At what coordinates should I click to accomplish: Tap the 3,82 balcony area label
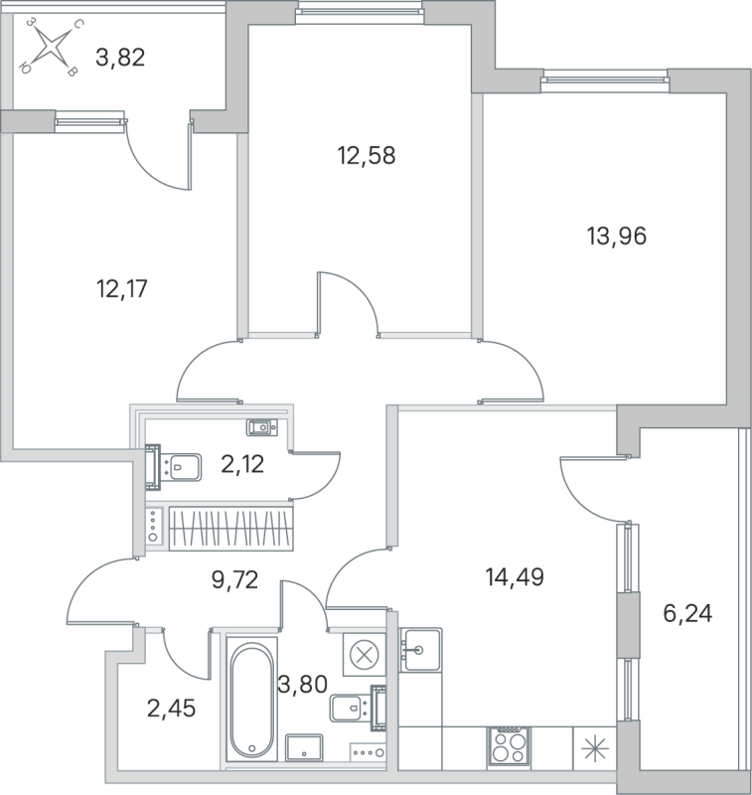coord(120,57)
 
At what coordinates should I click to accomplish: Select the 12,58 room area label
coord(359,155)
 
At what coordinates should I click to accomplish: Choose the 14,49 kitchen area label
coord(514,576)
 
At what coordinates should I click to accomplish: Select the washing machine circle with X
coord(363,654)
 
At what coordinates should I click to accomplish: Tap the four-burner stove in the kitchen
coord(508,746)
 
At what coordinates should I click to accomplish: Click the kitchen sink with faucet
coord(420,650)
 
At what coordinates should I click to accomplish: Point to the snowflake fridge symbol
coord(594,747)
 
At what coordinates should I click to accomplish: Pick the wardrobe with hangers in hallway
coord(230,527)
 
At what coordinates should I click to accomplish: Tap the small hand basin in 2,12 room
coord(261,427)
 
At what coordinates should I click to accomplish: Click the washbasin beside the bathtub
coord(303,747)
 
